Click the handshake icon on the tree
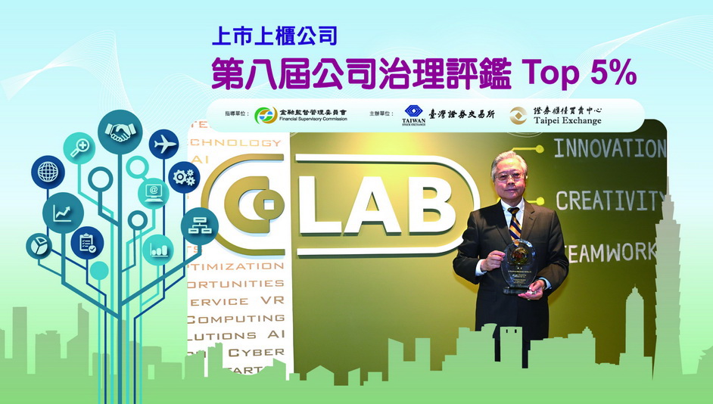pos(119,133)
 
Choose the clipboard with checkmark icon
pos(87,243)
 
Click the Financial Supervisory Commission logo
pos(266,115)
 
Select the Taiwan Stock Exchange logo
pos(413,116)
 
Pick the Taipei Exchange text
pos(566,121)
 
